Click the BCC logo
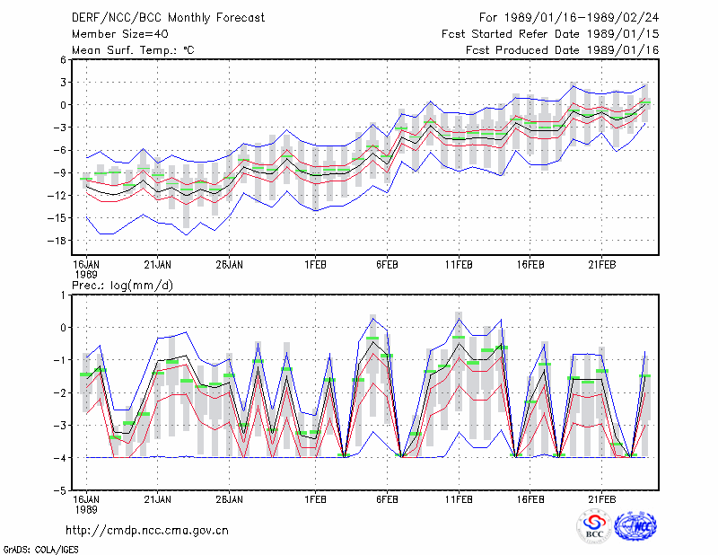tap(594, 526)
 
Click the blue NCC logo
tap(635, 526)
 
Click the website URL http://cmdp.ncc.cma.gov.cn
tap(147, 531)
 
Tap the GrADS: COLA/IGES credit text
tap(40, 550)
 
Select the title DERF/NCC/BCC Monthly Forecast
tap(168, 18)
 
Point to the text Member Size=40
tap(120, 34)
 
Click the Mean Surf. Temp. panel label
tap(133, 50)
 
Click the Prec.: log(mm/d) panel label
tap(122, 286)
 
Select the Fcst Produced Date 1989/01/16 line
tap(563, 50)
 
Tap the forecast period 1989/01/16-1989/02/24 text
tap(569, 18)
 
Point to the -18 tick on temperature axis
tap(57, 241)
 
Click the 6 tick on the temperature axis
tap(63, 59)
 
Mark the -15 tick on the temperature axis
tap(57, 218)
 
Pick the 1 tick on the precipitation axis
tap(63, 295)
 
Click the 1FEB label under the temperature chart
tap(316, 265)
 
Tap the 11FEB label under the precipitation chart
tap(459, 499)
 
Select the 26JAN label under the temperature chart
tap(230, 265)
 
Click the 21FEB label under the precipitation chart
tap(602, 499)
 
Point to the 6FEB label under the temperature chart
tap(388, 265)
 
